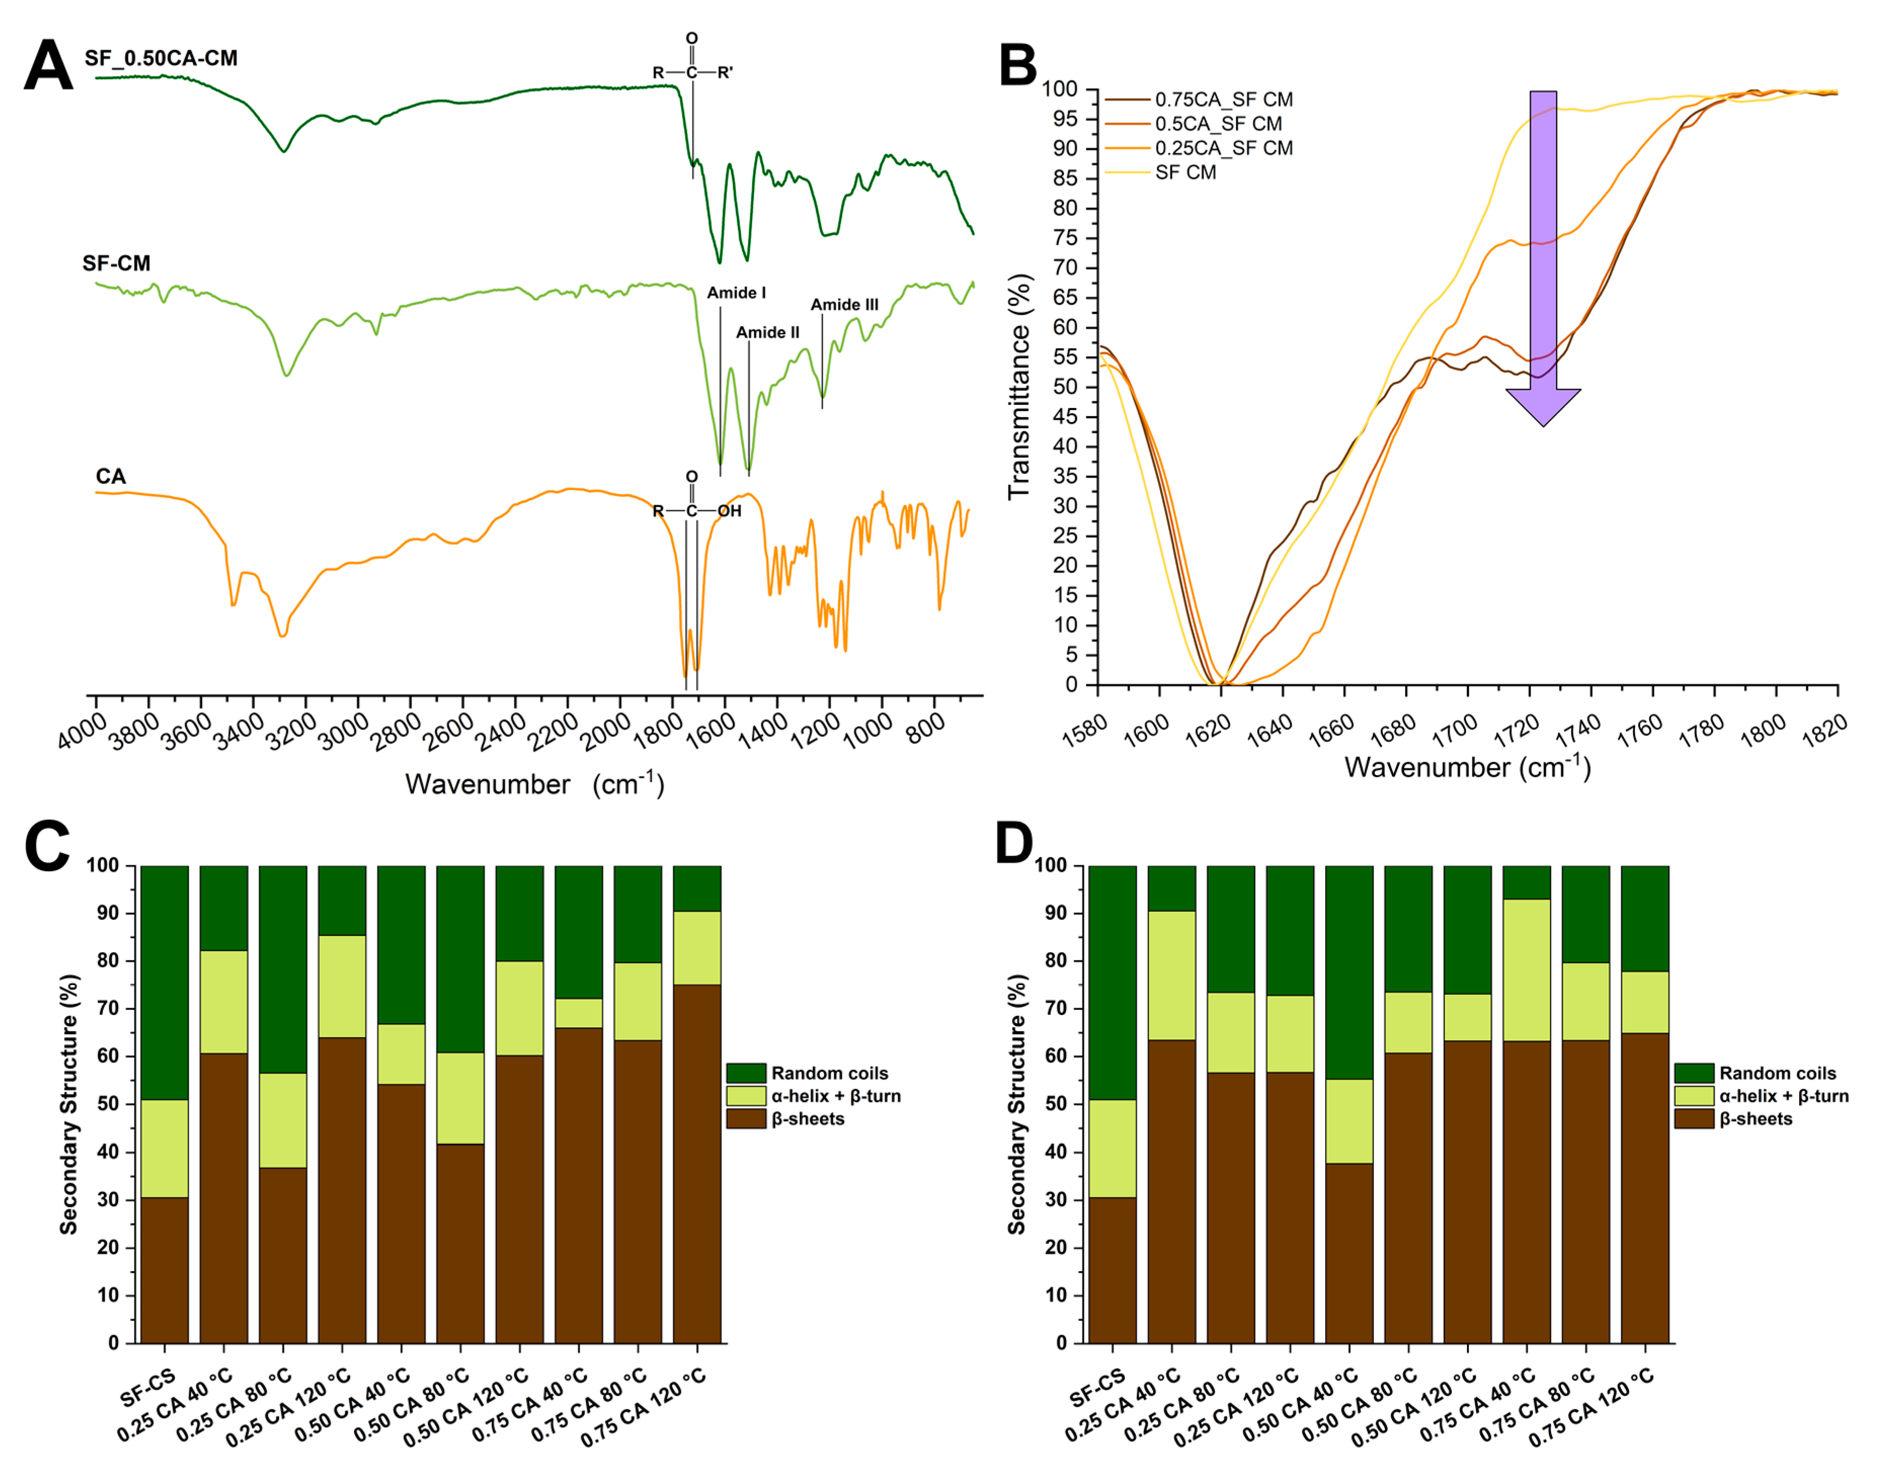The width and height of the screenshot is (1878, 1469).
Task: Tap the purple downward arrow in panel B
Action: pyautogui.click(x=1543, y=258)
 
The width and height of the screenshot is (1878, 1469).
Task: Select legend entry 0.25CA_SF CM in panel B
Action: pyautogui.click(x=1223, y=148)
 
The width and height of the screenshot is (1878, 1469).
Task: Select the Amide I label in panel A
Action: pyautogui.click(x=736, y=293)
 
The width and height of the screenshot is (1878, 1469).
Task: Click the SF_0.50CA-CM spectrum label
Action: pyautogui.click(x=161, y=58)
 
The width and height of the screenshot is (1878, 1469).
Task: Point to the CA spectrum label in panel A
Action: pyautogui.click(x=110, y=476)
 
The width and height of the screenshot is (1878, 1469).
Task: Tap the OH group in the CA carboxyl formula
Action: pyautogui.click(x=729, y=511)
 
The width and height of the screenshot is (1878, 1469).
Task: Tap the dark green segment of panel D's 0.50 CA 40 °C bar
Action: pyautogui.click(x=1349, y=972)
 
